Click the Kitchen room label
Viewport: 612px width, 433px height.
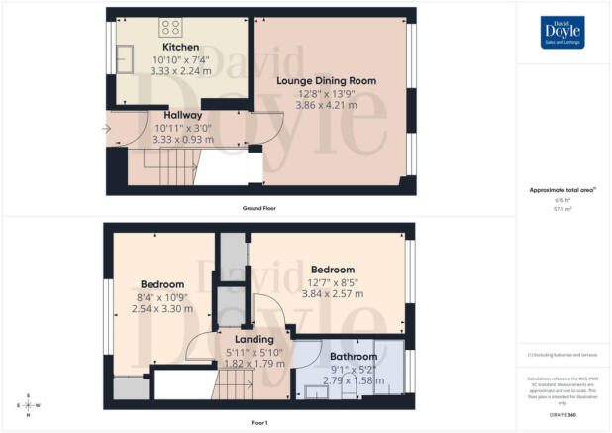point(181,47)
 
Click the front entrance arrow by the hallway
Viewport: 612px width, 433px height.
point(106,128)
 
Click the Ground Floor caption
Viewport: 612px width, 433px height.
point(258,209)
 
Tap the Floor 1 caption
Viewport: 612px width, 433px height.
point(258,422)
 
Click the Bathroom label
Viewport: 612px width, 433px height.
point(354,356)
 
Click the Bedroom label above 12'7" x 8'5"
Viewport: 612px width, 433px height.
point(333,270)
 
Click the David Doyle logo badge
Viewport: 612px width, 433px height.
point(563,31)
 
